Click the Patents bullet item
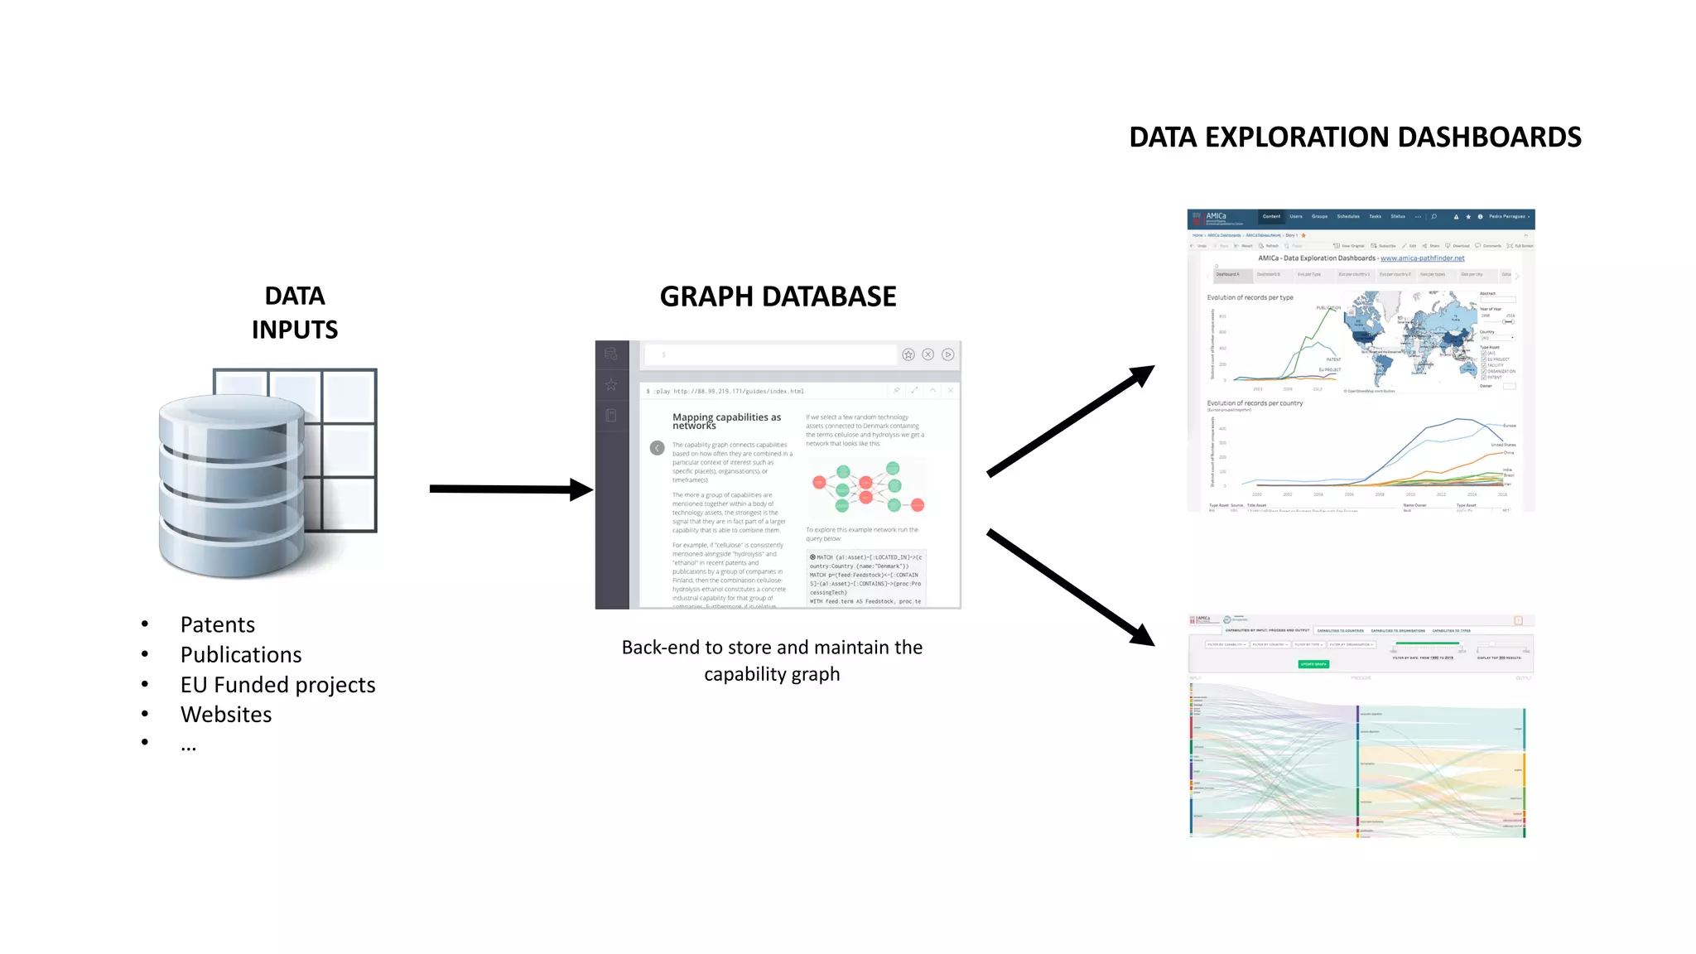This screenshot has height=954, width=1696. coord(218,624)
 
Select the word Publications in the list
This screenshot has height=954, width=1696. coord(241,654)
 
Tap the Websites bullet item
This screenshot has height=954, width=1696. coord(226,714)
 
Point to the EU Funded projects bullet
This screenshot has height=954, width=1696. coord(277,684)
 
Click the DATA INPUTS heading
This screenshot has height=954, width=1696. coord(295,312)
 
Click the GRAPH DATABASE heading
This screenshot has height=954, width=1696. coord(778,296)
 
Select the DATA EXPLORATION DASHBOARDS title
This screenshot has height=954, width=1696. coord(1355,137)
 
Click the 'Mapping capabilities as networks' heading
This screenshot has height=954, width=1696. coord(726,421)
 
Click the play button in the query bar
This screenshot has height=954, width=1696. coord(947,354)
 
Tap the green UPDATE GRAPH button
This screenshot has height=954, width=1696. coord(1313,664)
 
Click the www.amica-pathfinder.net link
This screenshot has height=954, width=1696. coord(1422,258)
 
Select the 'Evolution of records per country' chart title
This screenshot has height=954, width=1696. coord(1255,403)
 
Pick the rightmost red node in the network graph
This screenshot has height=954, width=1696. coord(918,505)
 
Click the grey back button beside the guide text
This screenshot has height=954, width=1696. coord(657,448)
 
